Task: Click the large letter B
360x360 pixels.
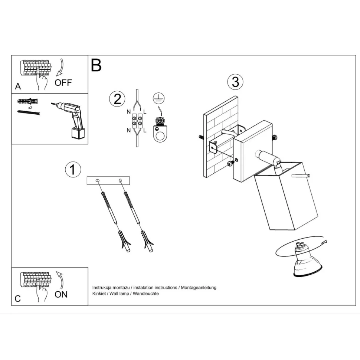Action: [96, 65]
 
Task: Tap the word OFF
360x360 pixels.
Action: [63, 83]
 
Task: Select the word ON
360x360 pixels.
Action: [61, 294]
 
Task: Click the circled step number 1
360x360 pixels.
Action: [73, 170]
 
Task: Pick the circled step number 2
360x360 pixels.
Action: [117, 99]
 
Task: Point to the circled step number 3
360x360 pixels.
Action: [235, 82]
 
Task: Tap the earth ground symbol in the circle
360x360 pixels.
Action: [158, 98]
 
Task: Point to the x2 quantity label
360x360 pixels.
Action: [30, 108]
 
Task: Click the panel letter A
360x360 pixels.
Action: [18, 86]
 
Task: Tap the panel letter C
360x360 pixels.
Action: [18, 299]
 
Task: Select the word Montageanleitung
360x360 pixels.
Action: [199, 288]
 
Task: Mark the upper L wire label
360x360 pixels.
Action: [145, 112]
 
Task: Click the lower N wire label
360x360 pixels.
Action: [128, 130]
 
